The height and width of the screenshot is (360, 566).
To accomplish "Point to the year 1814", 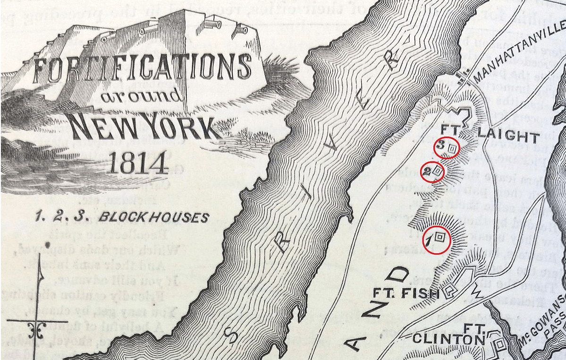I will coord(137,163).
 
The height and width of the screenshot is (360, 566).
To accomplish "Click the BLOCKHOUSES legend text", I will coord(153,218).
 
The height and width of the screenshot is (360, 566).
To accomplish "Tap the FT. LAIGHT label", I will coord(489,136).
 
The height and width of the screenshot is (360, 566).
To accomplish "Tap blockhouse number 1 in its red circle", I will coord(437,240).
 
